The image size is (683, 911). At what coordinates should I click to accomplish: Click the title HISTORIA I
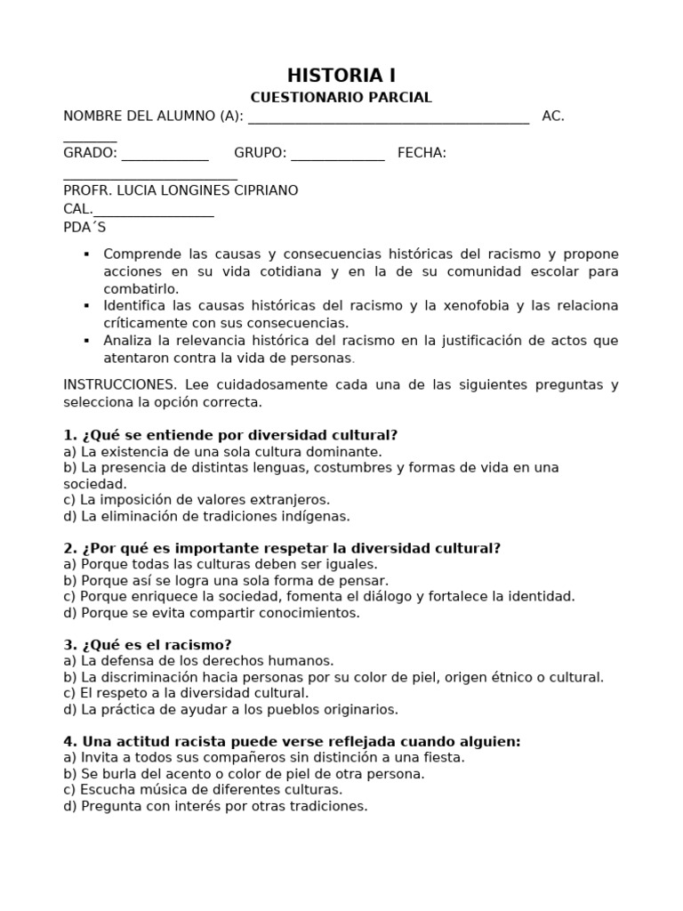[x=341, y=76]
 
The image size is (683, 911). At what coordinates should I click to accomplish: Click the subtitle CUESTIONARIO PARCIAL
[x=341, y=98]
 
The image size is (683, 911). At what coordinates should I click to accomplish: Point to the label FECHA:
[x=422, y=153]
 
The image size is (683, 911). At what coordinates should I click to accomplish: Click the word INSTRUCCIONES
[x=120, y=384]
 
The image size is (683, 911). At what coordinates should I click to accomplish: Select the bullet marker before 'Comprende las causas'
[x=86, y=254]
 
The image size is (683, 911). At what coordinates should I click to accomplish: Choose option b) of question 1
[x=311, y=467]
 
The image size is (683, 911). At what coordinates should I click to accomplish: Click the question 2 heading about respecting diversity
[x=282, y=548]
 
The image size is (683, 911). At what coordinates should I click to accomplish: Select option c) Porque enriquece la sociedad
[x=319, y=596]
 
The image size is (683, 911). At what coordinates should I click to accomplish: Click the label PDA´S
[x=84, y=227]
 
